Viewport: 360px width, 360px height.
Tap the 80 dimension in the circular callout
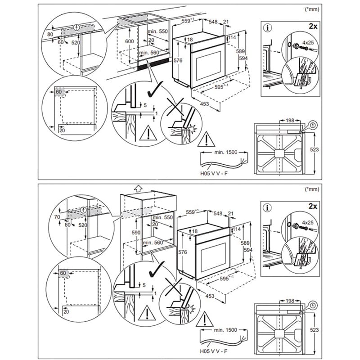click(50, 34)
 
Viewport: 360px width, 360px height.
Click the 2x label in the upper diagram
click(311, 27)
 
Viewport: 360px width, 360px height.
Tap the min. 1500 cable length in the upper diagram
click(225, 153)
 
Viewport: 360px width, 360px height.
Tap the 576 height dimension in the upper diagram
click(177, 60)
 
